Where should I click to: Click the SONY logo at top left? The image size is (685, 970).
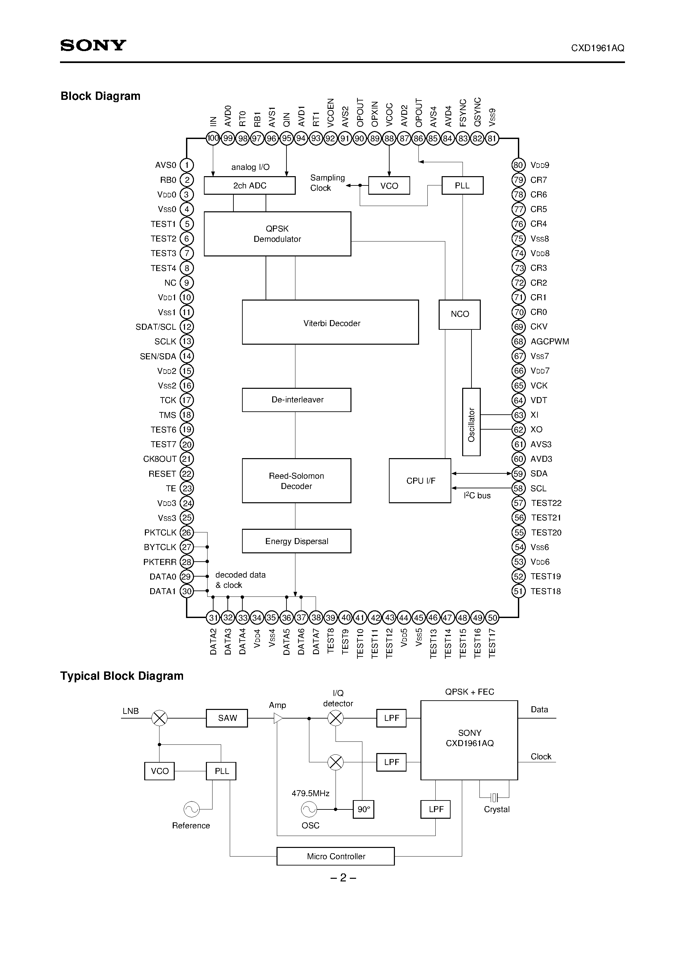[x=93, y=45]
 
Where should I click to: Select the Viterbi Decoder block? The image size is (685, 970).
[x=330, y=322]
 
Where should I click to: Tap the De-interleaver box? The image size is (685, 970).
[x=296, y=400]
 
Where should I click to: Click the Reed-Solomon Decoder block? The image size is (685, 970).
[x=296, y=481]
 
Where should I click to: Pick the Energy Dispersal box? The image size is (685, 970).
[x=296, y=541]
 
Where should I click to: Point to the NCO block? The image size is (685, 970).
[x=460, y=314]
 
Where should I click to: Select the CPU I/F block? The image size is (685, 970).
[x=420, y=481]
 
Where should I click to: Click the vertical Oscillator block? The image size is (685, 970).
[x=471, y=422]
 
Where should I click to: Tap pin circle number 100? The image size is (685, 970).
[x=213, y=138]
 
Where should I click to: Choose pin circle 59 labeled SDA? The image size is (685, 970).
[x=519, y=474]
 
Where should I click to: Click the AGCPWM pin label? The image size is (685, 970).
[x=549, y=341]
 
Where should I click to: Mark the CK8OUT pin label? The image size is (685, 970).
[x=159, y=459]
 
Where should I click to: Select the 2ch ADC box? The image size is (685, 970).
[x=250, y=185]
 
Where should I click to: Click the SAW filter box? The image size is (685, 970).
[x=227, y=718]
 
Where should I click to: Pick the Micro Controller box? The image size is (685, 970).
[x=336, y=856]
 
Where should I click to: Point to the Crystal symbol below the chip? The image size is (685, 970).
[x=494, y=797]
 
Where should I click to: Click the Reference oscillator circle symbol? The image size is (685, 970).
[x=191, y=809]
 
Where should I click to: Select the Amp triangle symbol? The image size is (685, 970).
[x=278, y=718]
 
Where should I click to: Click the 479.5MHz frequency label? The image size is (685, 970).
[x=310, y=794]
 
